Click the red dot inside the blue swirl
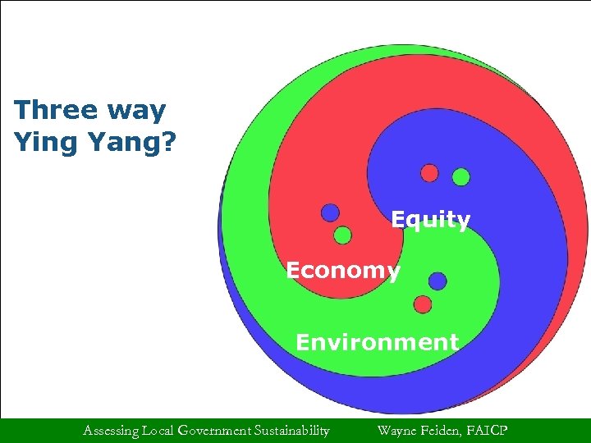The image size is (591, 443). [429, 172]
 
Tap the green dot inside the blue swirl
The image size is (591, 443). [461, 176]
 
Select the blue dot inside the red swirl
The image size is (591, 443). [330, 212]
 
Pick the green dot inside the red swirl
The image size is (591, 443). [343, 235]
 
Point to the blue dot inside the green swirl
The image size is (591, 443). [438, 281]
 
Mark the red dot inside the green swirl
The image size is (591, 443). [423, 304]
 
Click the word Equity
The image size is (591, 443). [430, 220]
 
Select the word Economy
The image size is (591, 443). [343, 271]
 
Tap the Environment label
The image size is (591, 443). [377, 341]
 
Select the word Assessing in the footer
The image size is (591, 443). [111, 430]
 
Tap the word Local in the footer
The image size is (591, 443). [159, 430]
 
